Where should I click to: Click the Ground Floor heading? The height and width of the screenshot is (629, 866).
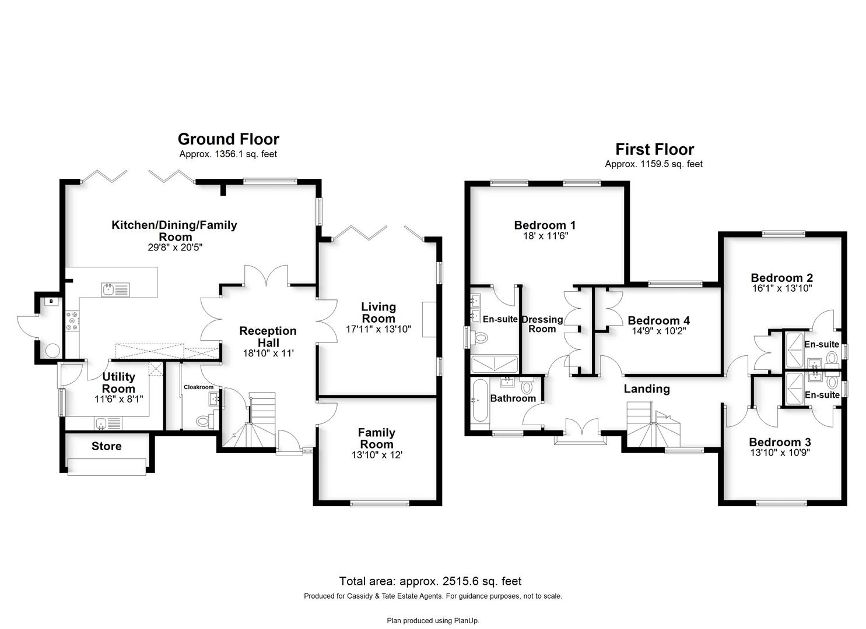[x=228, y=139]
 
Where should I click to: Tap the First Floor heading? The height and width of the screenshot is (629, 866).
[x=654, y=149]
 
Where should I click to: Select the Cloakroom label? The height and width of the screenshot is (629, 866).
[x=198, y=387]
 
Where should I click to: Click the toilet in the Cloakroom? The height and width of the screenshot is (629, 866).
[x=205, y=420]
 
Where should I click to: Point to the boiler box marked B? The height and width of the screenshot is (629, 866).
[x=51, y=301]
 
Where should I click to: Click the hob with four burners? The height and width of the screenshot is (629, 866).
[x=72, y=321]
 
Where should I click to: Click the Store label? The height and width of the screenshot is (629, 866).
[x=106, y=446]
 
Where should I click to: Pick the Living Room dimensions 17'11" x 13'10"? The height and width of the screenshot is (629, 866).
[x=378, y=330]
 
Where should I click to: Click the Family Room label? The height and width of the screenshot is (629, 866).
[x=377, y=438]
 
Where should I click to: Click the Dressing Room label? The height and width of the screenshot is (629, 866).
[x=542, y=324]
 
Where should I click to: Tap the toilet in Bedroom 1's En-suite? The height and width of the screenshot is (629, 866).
[x=479, y=338]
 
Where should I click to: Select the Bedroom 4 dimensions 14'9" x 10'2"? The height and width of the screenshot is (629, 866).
[x=658, y=331]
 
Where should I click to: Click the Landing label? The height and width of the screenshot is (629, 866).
[x=647, y=389]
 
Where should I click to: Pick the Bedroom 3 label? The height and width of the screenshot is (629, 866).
[x=780, y=442]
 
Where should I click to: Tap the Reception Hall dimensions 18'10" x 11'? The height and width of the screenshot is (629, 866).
[x=268, y=353]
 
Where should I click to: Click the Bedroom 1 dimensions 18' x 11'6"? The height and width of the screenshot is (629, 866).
[x=545, y=235]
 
